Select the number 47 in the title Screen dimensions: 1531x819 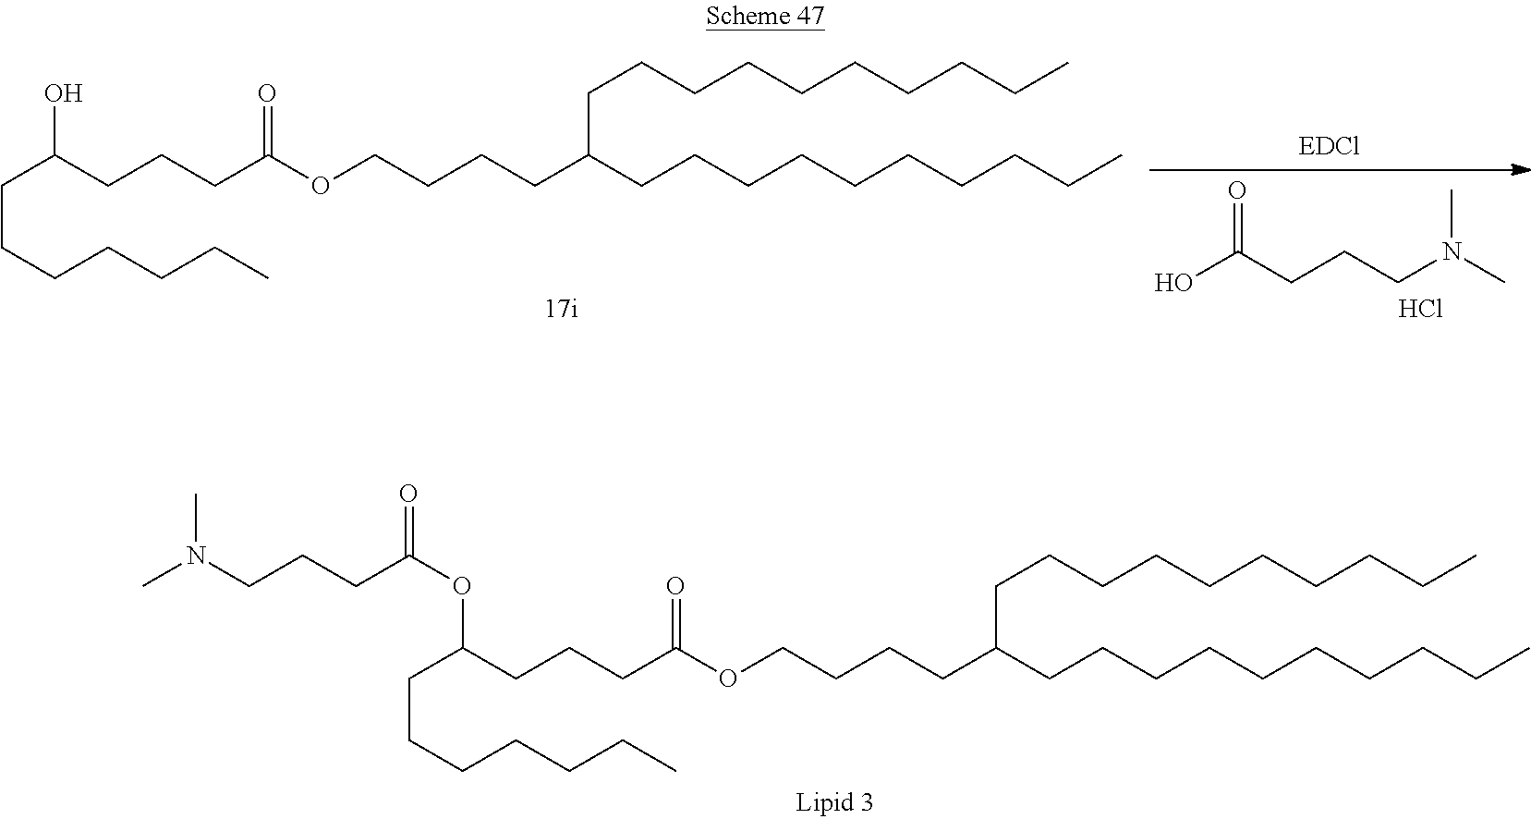[x=807, y=17]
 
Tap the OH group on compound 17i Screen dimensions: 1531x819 [x=63, y=93]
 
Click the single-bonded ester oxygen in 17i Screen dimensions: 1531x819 [x=320, y=187]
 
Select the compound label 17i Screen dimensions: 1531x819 [x=562, y=309]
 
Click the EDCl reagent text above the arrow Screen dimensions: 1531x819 [x=1328, y=146]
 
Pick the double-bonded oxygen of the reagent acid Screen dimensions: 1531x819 [x=1236, y=191]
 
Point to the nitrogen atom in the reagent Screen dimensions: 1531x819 [x=1452, y=251]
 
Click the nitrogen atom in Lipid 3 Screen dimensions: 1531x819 [x=195, y=556]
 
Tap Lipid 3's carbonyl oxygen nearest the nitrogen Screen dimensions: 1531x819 [x=407, y=494]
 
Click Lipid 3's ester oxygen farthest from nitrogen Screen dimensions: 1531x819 [x=728, y=679]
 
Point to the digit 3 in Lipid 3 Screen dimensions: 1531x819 [x=866, y=802]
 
